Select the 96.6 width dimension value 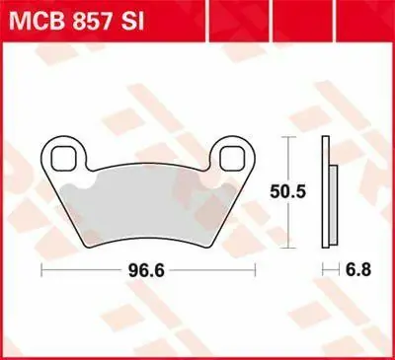[x=146, y=270]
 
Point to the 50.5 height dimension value [x=288, y=192]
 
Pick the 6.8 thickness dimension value [x=358, y=270]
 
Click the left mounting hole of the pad [x=63, y=159]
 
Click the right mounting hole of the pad [x=233, y=159]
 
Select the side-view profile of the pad [x=329, y=192]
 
